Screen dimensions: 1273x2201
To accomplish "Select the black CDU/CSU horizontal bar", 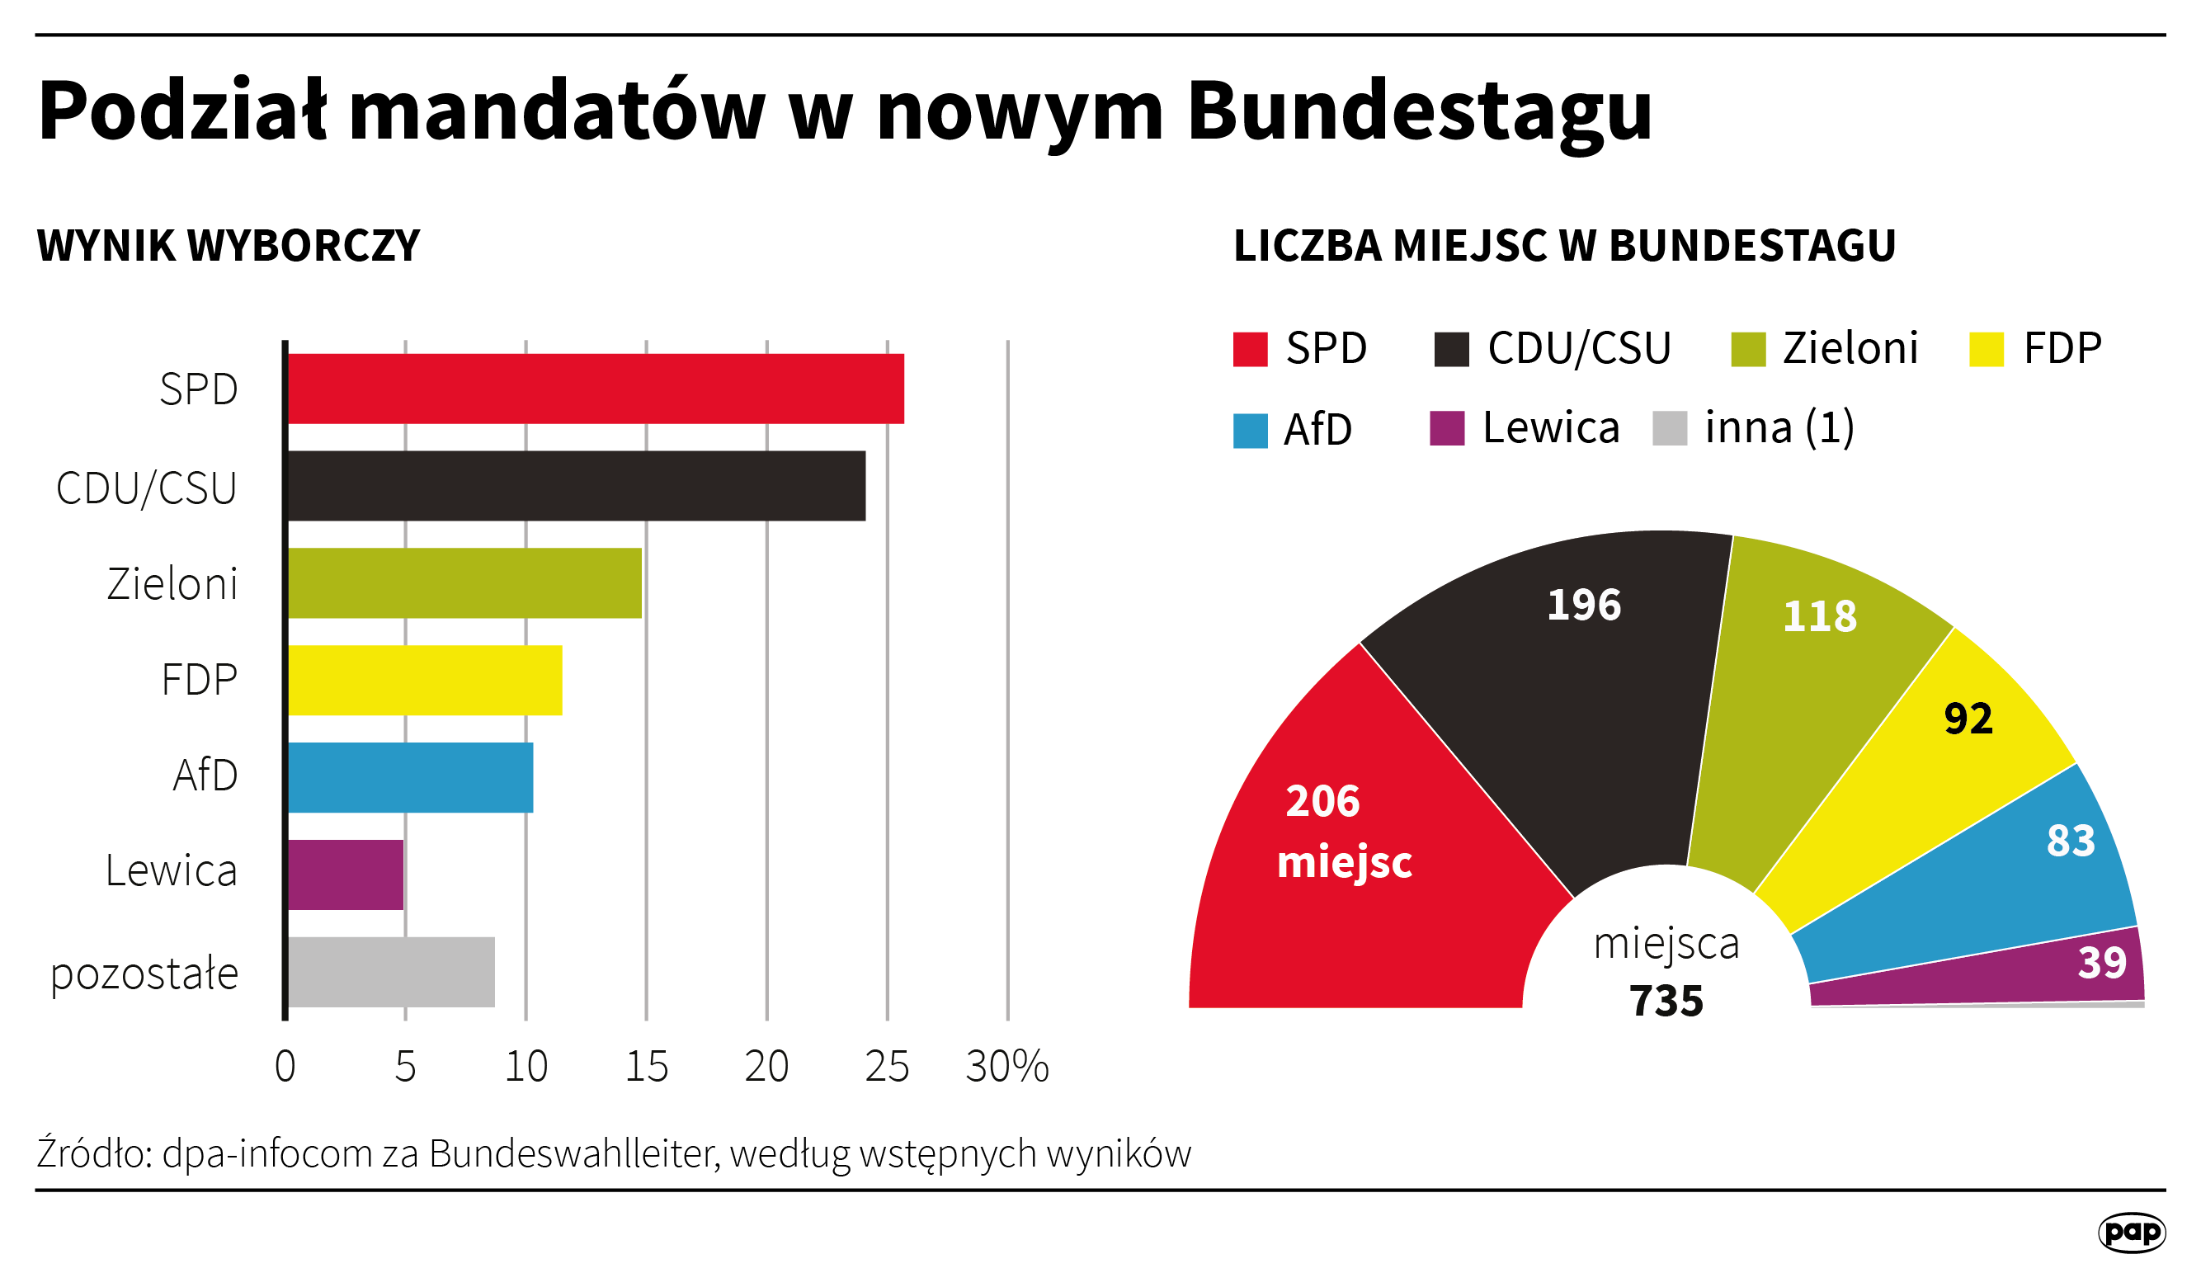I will point(577,486).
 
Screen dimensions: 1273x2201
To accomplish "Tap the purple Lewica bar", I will point(346,875).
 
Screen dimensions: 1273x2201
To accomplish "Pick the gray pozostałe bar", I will point(391,972).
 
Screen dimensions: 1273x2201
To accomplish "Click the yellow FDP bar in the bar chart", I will point(425,680).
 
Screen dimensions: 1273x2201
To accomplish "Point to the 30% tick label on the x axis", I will point(1007,1066).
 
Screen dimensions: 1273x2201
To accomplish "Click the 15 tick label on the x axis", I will point(646,1066).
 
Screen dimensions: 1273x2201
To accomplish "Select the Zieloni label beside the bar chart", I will point(172,583).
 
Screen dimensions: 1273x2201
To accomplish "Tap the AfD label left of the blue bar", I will point(205,775).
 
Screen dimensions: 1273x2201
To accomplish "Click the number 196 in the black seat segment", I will point(1583,605).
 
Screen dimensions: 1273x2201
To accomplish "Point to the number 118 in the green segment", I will point(1819,616).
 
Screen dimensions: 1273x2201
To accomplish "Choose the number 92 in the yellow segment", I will point(1968,719).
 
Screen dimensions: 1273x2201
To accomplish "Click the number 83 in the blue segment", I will point(2071,840).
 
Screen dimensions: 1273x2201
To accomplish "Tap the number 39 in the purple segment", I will point(2101,962).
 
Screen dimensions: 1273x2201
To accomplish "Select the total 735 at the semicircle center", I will point(1666,1001).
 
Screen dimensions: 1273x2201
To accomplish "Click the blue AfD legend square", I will point(1250,431).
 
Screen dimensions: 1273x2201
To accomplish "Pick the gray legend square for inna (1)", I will point(1669,428).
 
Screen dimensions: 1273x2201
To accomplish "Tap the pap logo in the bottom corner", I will point(2131,1232).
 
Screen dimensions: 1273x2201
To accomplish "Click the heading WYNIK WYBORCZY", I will point(229,246).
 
